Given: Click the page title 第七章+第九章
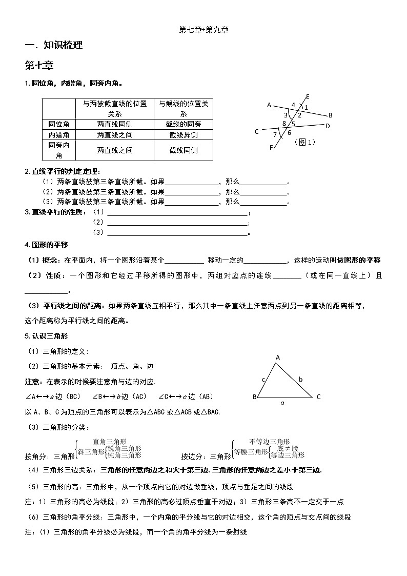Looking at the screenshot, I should [203, 30].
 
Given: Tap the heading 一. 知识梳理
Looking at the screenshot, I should [54, 46].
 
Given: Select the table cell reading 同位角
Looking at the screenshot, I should [58, 124].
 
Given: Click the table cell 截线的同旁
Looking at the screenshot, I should [184, 124].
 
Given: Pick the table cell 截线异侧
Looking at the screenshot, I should [184, 135].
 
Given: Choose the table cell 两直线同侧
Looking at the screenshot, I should [115, 124].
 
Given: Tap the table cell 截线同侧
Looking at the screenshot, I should [184, 150].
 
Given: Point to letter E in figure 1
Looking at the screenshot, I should [308, 96].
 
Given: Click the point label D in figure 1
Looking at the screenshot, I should [328, 126].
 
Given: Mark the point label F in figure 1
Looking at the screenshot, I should [271, 148].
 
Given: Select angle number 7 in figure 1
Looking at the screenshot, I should [275, 135].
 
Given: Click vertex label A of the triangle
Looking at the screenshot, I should [278, 357].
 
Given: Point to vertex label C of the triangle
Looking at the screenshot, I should [318, 396].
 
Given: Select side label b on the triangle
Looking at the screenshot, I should [301, 379].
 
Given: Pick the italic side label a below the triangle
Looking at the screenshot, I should [282, 403].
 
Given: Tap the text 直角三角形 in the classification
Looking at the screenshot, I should [110, 441].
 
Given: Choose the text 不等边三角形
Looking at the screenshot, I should [270, 441].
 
